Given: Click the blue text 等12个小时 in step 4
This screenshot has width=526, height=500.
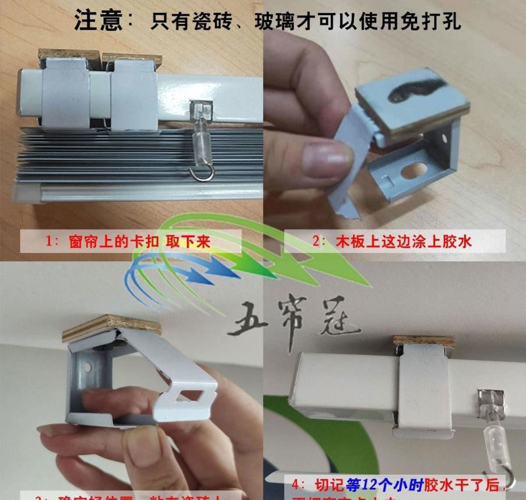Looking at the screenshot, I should pyautogui.click(x=379, y=485).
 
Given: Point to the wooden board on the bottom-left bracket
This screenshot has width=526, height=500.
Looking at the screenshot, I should pyautogui.click(x=111, y=328).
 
